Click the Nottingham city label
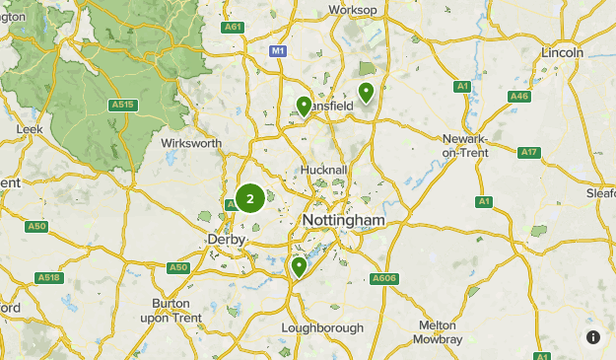coord(344,219)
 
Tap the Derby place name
coord(226,240)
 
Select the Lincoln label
coord(563,52)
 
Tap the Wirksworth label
coord(191,143)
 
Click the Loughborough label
coord(322,327)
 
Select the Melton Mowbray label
coord(438,331)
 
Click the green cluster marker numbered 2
coord(249,198)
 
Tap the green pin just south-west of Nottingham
coord(299,267)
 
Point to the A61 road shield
coord(234,27)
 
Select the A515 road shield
coord(122,104)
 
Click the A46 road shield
coord(519,96)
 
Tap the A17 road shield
coord(529,152)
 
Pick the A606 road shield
coord(384,279)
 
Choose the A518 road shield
coord(49,277)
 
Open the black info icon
coord(593,337)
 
